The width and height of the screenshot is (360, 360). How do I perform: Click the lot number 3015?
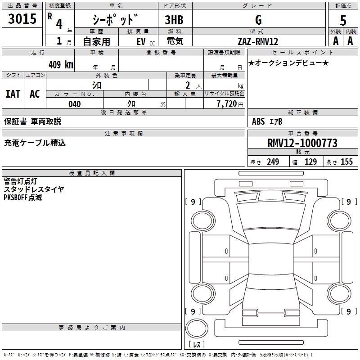pos(22,18)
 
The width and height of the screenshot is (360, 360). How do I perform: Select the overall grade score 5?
pos(343,20)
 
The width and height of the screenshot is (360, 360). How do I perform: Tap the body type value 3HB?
pos(174,20)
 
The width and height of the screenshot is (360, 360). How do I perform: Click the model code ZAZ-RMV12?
pos(258,41)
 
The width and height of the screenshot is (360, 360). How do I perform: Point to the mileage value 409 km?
pos(61,64)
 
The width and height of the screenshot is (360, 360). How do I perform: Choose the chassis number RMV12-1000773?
pos(302,143)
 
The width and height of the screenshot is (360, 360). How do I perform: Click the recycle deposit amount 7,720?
pos(227,104)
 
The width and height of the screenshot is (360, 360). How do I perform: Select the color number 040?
pos(75,104)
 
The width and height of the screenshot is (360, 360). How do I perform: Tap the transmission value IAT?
pos(13,94)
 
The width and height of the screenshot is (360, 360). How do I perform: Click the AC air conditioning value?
pos(35,94)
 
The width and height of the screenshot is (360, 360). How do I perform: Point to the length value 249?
pos(273,162)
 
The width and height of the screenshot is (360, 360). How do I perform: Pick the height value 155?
pos(346,162)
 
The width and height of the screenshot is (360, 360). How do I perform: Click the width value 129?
pos(310,162)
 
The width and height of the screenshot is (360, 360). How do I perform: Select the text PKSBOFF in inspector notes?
pos(15,198)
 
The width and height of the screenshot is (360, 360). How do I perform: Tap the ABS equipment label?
pos(258,121)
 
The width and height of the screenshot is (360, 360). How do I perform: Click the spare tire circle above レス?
pos(197,328)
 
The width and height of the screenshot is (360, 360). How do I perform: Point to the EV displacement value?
pos(141,42)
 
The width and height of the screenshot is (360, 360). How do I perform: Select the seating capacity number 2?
pos(188,85)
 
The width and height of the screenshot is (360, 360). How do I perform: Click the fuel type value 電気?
pos(175,41)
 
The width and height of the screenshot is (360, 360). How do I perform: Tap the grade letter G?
pos(258,20)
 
